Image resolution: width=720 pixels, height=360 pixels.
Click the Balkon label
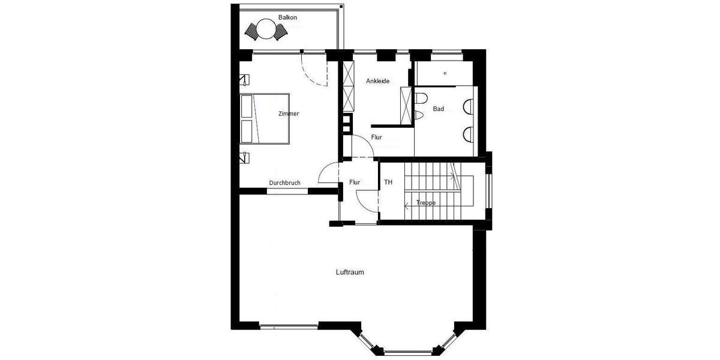[287, 17]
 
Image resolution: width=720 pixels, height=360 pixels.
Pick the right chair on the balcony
[280, 32]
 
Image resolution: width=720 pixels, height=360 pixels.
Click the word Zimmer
[289, 113]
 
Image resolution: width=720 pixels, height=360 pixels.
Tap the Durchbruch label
[284, 183]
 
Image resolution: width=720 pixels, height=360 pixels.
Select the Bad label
[439, 109]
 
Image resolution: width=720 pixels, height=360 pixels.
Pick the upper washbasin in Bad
[469, 106]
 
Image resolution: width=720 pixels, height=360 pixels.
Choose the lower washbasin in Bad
[469, 133]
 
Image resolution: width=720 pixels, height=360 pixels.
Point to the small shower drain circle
[445, 73]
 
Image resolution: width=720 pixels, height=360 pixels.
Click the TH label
[388, 182]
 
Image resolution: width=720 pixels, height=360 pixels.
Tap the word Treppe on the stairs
[425, 203]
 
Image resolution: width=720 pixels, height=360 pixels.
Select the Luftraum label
[350, 272]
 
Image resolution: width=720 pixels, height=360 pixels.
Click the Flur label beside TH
[355, 182]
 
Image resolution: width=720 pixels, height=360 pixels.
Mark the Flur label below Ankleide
[376, 137]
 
